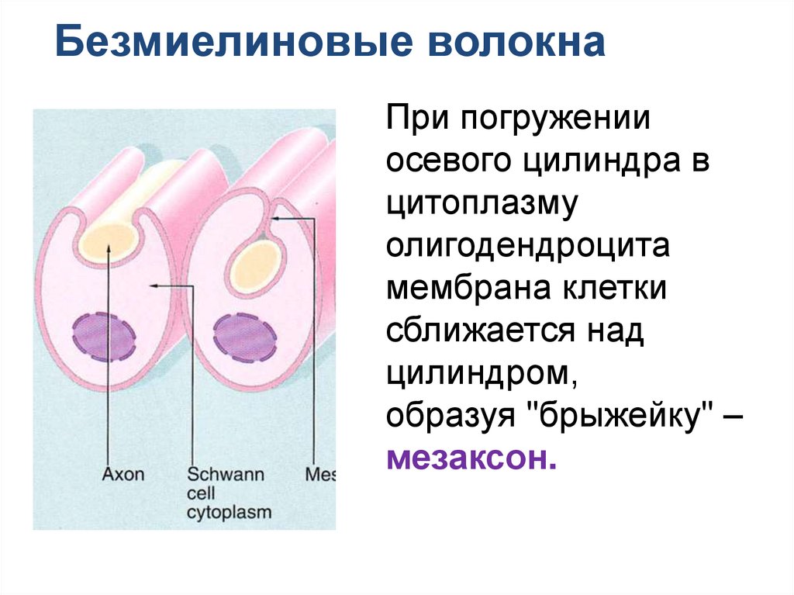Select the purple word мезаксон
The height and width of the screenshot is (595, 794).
pos(471,458)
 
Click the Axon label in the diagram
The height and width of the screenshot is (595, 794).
pos(123,473)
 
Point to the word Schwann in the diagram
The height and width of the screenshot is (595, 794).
pos(226,473)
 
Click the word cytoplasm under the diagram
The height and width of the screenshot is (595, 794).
pos(229,513)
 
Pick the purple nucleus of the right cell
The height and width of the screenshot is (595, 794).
pos(245,336)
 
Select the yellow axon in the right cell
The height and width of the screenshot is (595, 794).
pos(257,265)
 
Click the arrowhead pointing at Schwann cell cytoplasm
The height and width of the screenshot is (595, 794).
pos(154,286)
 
